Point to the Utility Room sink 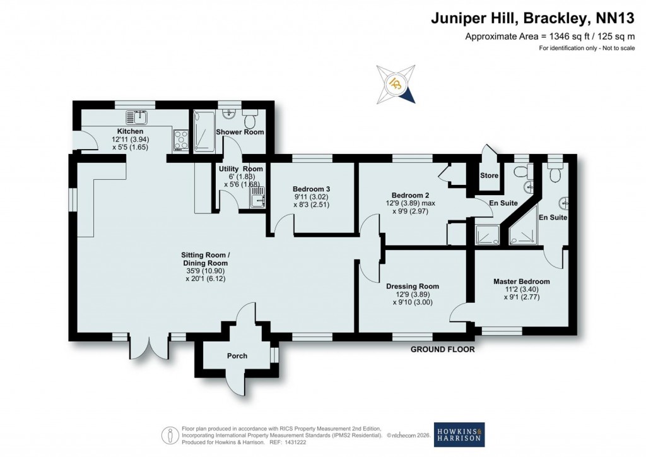[257, 198]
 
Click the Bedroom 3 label [312, 189]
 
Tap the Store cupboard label [489, 175]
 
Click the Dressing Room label [413, 286]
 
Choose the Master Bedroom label [521, 282]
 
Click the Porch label [237, 356]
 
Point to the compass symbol [396, 84]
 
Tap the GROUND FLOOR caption [442, 349]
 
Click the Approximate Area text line [549, 36]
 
